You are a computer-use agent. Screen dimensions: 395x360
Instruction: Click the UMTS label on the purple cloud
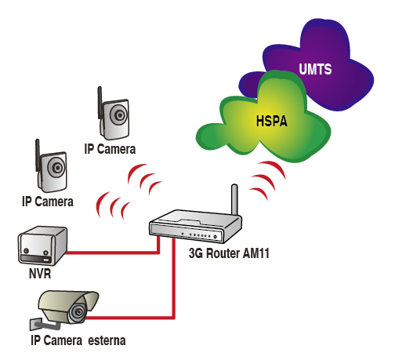[315, 69]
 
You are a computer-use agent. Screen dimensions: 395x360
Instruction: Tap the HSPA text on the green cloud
[272, 122]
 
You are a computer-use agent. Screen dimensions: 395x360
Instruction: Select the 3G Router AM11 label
[229, 253]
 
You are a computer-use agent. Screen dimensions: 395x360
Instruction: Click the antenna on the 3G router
[234, 199]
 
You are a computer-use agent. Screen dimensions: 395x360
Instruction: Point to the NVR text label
[40, 274]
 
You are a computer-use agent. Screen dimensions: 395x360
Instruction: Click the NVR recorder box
[42, 245]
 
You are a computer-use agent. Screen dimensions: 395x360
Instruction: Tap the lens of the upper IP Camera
[119, 115]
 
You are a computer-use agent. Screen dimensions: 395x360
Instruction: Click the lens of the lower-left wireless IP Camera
[57, 168]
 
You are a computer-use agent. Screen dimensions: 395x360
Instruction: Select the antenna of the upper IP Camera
[100, 103]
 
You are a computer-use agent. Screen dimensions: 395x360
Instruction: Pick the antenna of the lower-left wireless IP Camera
[38, 155]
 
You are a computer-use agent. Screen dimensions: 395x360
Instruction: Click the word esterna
[107, 340]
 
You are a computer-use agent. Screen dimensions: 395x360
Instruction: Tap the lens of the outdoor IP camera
[78, 311]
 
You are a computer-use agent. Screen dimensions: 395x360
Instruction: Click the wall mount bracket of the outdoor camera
[43, 325]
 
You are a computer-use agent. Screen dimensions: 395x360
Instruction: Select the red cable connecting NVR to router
[113, 253]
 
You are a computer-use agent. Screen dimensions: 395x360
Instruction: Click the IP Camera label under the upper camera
[110, 149]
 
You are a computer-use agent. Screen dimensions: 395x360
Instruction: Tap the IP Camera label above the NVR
[48, 202]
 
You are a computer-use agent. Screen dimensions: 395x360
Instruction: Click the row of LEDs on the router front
[200, 235]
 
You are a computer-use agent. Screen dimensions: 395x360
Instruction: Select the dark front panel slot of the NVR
[36, 259]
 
